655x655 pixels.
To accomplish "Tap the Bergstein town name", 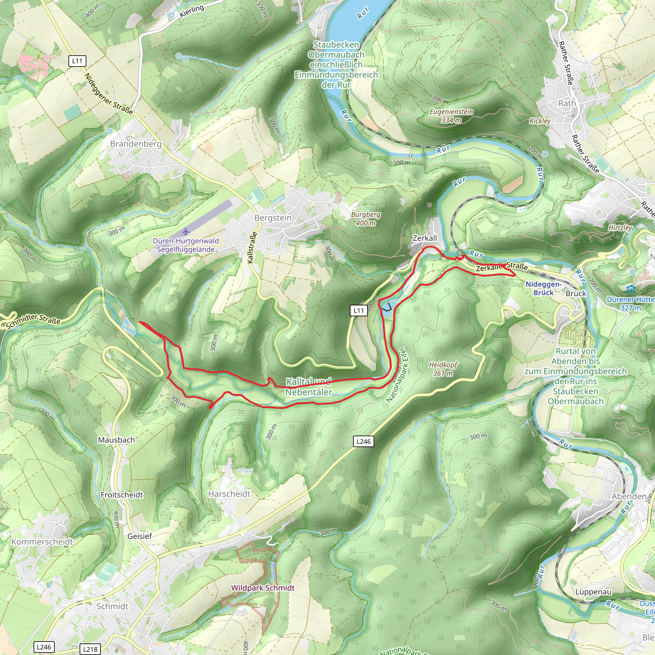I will tap(273, 218).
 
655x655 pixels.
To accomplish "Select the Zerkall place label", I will tap(424, 238).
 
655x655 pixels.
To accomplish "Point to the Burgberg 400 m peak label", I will tap(366, 219).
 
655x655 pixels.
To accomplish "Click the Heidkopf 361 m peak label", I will tap(443, 369).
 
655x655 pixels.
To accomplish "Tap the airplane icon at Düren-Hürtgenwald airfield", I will tap(185, 232).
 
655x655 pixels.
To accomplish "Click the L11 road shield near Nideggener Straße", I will tap(77, 61).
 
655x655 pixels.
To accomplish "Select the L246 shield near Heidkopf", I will tap(363, 441).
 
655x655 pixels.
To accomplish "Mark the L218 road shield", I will tap(90, 649).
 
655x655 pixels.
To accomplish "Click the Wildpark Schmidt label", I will tap(263, 588).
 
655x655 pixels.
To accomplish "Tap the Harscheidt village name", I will tap(229, 494).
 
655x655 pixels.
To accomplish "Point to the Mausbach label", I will tap(116, 440).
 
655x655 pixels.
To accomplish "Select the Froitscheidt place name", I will tap(122, 495).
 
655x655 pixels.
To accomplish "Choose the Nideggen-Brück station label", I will tap(543, 288).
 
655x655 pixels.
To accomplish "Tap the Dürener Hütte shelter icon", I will tap(630, 289).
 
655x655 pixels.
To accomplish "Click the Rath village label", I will tap(567, 103).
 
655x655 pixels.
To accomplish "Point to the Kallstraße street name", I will tap(251, 248).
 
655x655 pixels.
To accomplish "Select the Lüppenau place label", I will tap(593, 592).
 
